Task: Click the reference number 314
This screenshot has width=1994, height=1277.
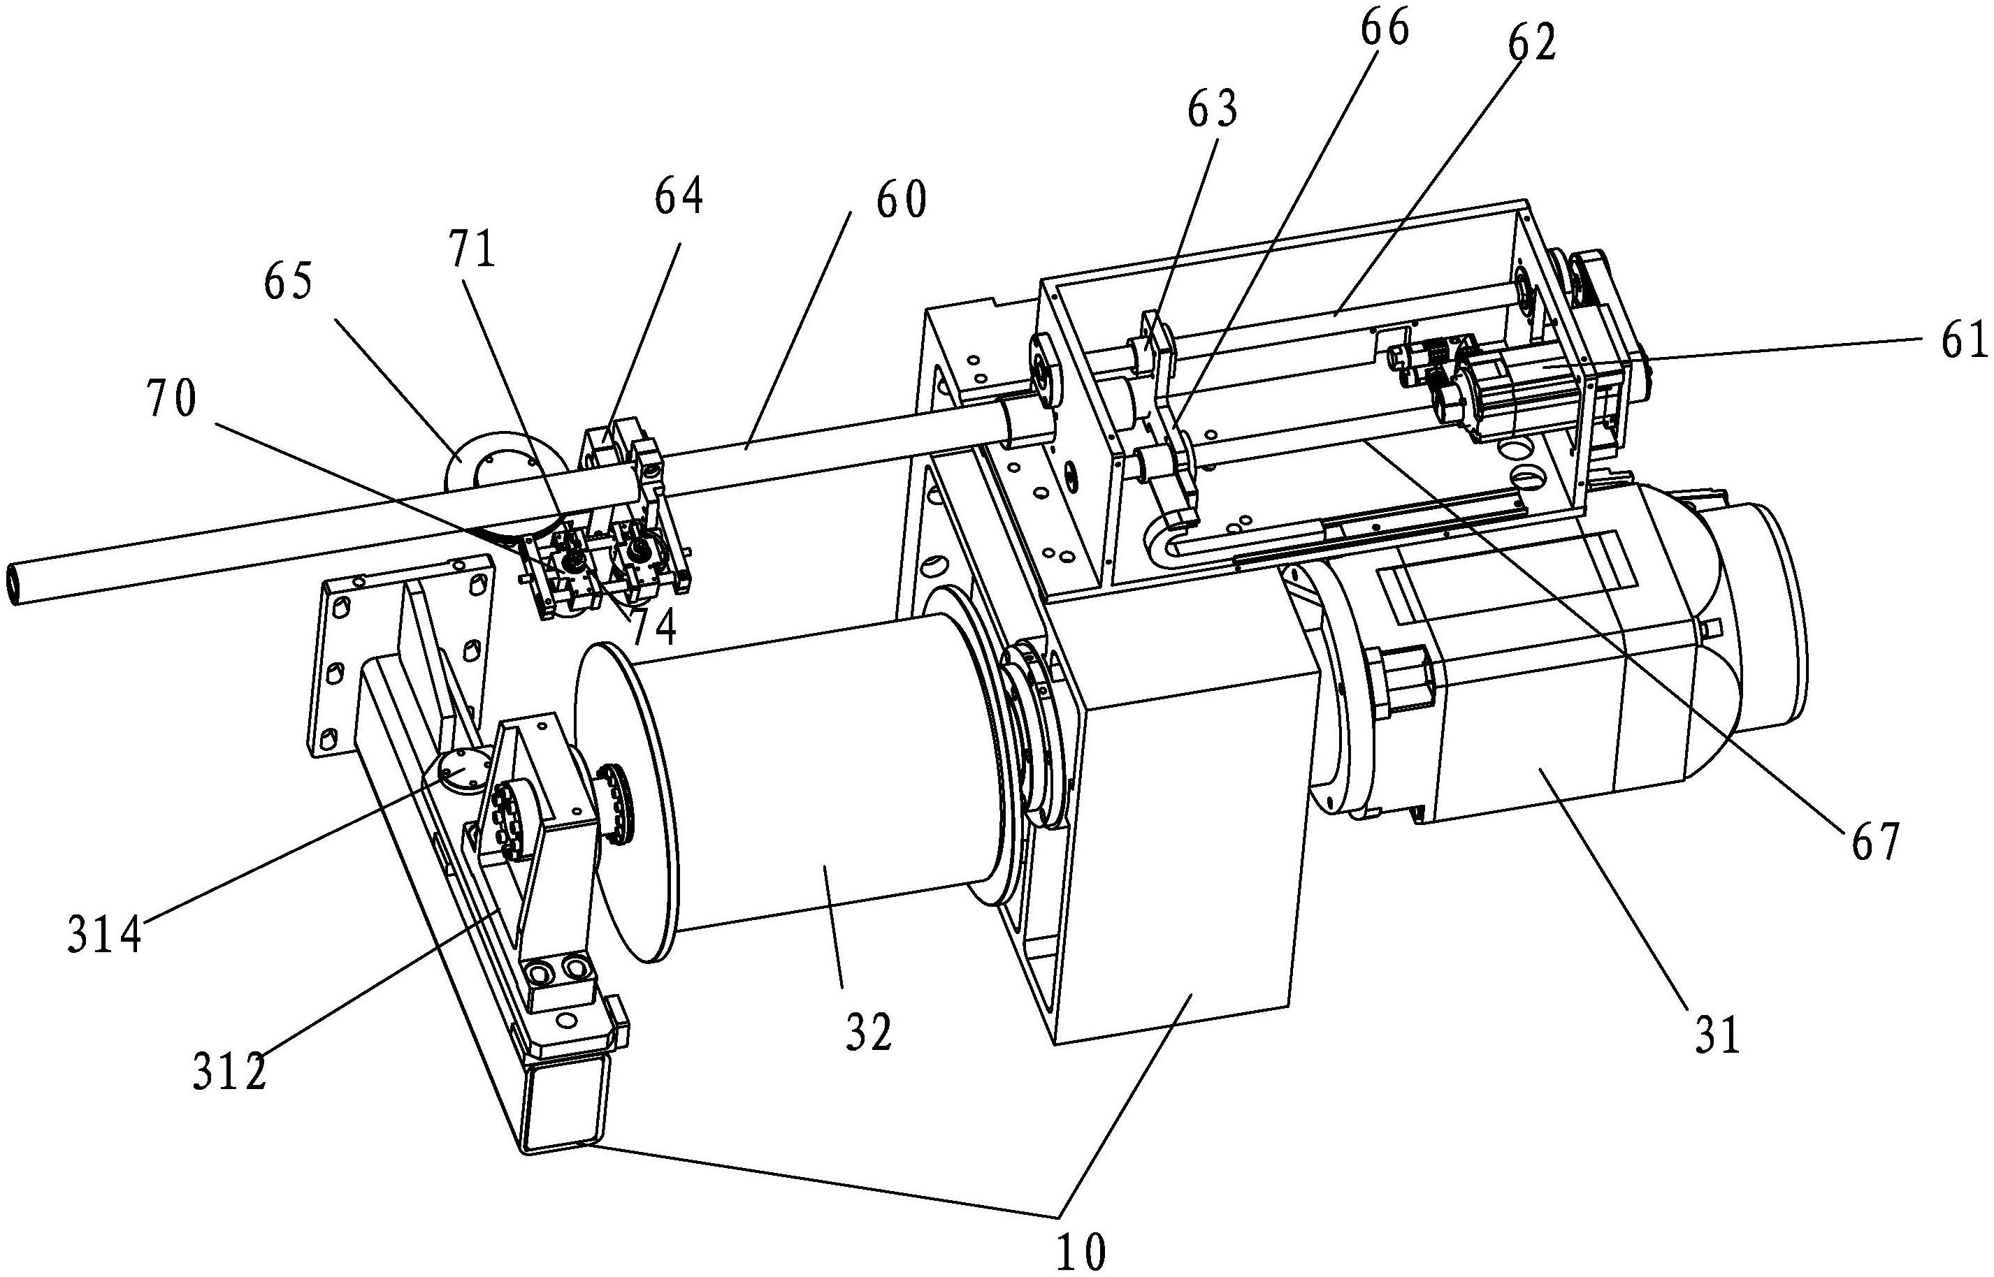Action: point(106,938)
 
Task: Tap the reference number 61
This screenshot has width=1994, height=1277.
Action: point(1965,341)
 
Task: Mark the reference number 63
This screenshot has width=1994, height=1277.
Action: point(1213,110)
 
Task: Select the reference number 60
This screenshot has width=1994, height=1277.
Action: point(902,200)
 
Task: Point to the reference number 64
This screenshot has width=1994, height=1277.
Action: point(678,198)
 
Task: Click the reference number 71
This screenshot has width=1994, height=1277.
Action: point(472,248)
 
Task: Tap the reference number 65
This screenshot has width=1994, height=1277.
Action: point(288,283)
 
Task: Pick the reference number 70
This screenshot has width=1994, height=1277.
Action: point(172,398)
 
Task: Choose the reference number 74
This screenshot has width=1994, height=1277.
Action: point(654,628)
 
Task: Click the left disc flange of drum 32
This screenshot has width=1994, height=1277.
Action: point(626,802)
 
